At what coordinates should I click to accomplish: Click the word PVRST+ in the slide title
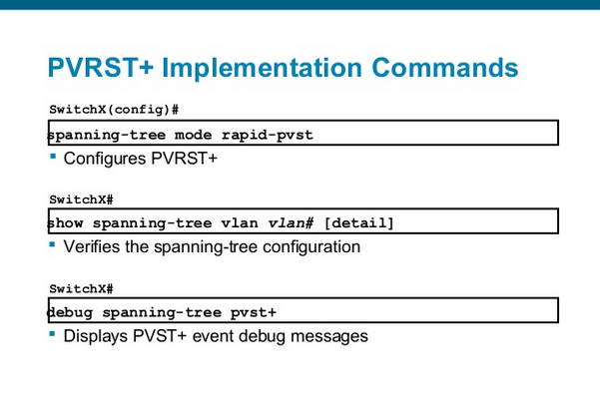100,68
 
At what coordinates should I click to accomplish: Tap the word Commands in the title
446,68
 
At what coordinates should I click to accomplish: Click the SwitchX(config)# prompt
113,108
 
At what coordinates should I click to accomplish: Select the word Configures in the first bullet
102,159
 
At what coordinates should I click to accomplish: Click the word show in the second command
68,223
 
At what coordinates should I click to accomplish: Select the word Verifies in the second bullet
94,246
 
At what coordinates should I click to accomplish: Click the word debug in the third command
71,312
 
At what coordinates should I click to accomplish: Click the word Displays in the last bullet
97,336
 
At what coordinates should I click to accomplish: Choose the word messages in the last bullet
332,336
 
